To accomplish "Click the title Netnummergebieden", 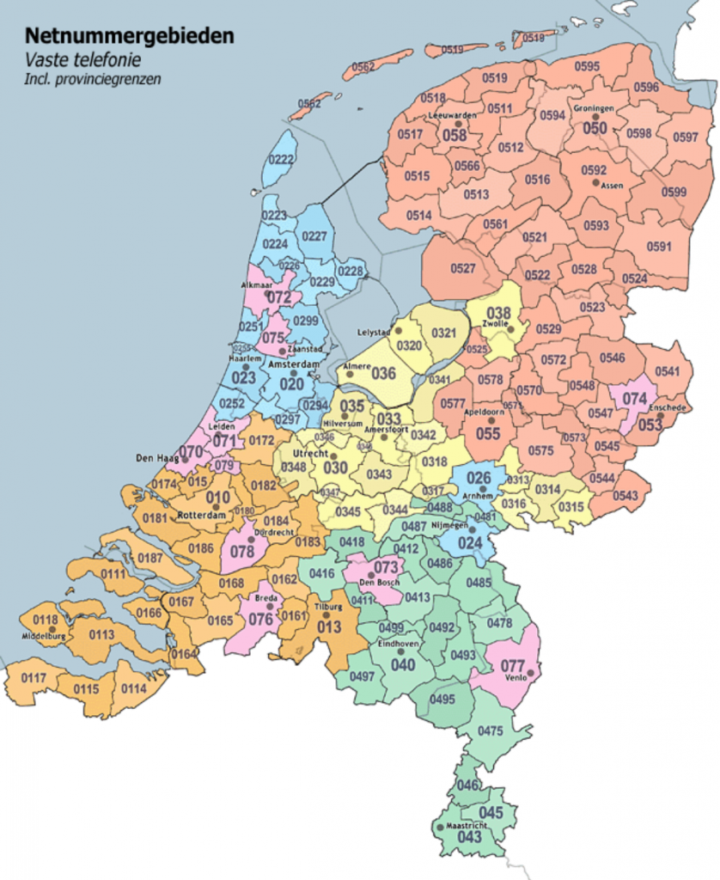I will point(129,36).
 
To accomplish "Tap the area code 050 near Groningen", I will point(595,128).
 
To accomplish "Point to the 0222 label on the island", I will point(281,159).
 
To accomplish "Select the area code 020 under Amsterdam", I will point(291,383).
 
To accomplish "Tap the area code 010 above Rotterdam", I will point(217,498).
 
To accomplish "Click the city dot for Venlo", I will point(530,673).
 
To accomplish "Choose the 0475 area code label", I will point(490,731).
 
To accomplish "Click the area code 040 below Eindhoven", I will point(403,663).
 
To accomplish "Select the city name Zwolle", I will point(498,327).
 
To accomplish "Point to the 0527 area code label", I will point(462,269).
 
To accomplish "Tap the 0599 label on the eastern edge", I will point(674,192).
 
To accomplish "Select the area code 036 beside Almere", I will point(383,373).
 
